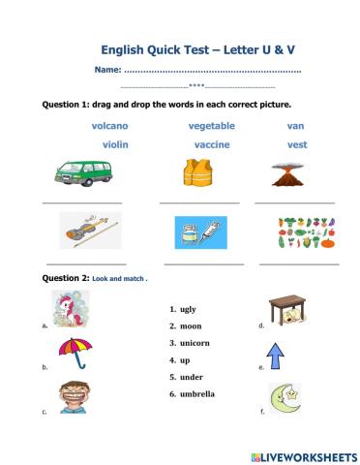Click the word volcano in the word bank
point(109,126)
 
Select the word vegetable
point(211,126)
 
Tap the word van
point(295,126)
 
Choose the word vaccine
point(211,144)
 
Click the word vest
point(297,144)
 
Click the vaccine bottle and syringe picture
point(199,233)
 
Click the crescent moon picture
point(283,397)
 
